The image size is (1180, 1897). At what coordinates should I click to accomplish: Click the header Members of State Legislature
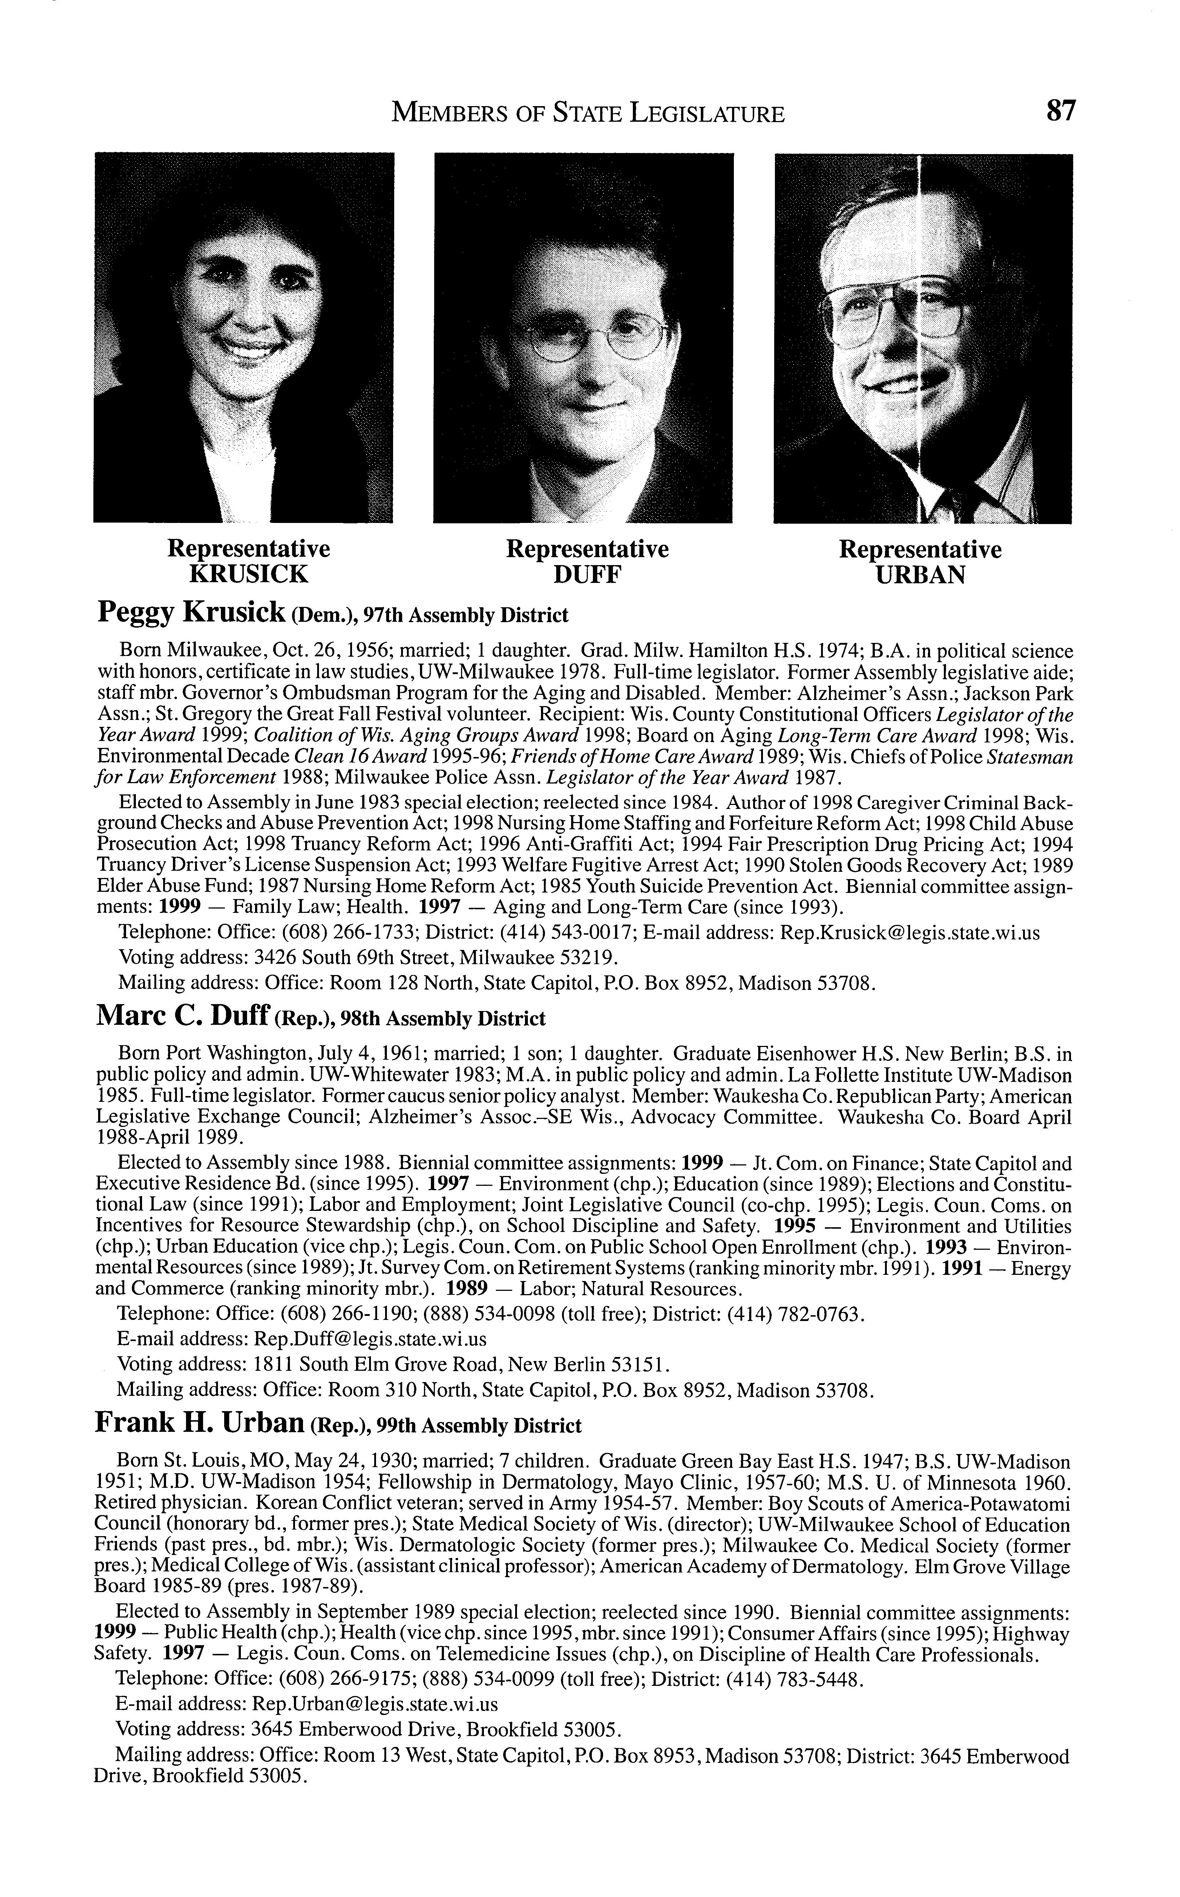588,114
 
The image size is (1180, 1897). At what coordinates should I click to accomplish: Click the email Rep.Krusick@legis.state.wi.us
910,933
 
